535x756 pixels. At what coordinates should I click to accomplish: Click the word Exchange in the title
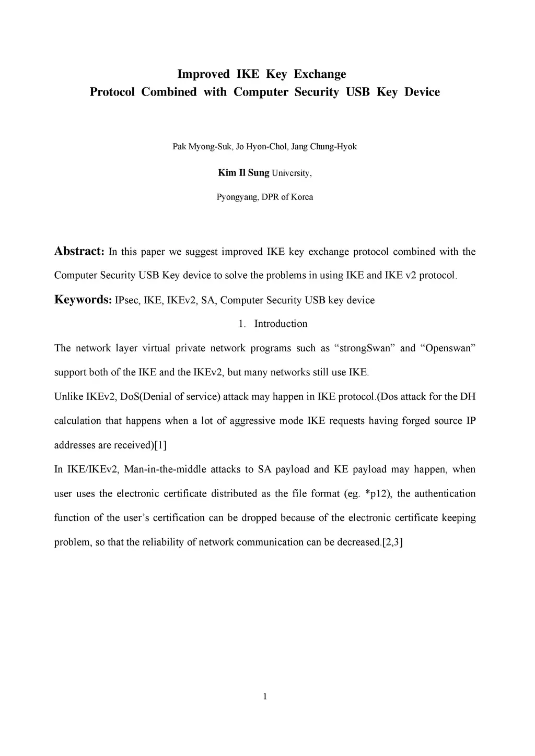pos(320,74)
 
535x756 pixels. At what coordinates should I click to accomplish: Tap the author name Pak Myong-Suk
pos(202,147)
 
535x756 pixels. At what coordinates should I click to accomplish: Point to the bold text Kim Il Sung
pos(243,173)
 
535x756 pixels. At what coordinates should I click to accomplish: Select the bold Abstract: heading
pos(80,252)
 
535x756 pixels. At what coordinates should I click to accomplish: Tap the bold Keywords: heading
pos(83,300)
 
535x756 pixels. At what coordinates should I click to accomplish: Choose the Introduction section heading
pos(281,324)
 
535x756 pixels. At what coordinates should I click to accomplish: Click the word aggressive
pos(253,421)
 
